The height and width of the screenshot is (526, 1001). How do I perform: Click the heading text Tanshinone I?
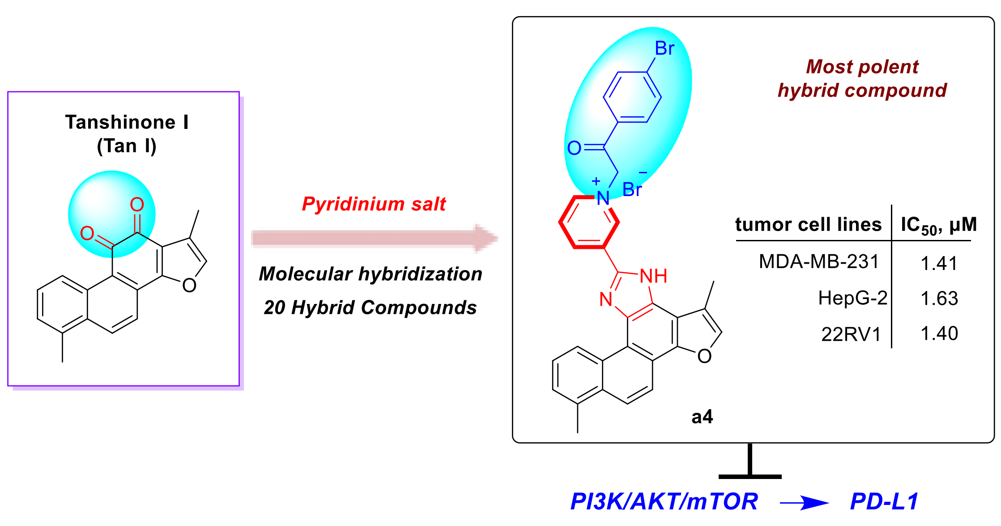[127, 122]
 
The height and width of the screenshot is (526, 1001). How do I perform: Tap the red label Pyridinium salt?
[374, 204]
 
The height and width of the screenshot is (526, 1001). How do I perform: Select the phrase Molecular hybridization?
[371, 274]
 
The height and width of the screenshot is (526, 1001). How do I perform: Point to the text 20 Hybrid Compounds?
[370, 308]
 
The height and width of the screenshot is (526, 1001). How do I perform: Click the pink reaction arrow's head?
[486, 238]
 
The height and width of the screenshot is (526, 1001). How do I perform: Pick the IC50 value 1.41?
[939, 263]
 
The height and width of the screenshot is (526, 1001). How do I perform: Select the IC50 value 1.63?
[939, 298]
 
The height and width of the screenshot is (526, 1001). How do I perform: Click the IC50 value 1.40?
[939, 334]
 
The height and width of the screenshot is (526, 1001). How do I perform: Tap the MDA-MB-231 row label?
[819, 261]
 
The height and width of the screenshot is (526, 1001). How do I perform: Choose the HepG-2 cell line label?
[852, 298]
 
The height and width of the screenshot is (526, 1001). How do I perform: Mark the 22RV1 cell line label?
[851, 334]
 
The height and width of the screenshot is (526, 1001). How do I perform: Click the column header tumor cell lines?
[808, 224]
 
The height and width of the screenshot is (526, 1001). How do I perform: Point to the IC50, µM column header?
[938, 225]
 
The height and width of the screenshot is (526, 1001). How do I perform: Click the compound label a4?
[702, 417]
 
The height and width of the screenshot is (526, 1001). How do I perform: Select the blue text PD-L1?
[884, 501]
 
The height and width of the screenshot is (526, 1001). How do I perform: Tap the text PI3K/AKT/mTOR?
[664, 501]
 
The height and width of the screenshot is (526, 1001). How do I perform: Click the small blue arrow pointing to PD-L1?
[804, 503]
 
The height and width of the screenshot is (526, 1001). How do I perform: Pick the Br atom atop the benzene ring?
[664, 48]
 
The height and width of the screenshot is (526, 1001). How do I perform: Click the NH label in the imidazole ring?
[653, 276]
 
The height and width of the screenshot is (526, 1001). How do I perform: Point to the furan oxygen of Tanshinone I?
[189, 285]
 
